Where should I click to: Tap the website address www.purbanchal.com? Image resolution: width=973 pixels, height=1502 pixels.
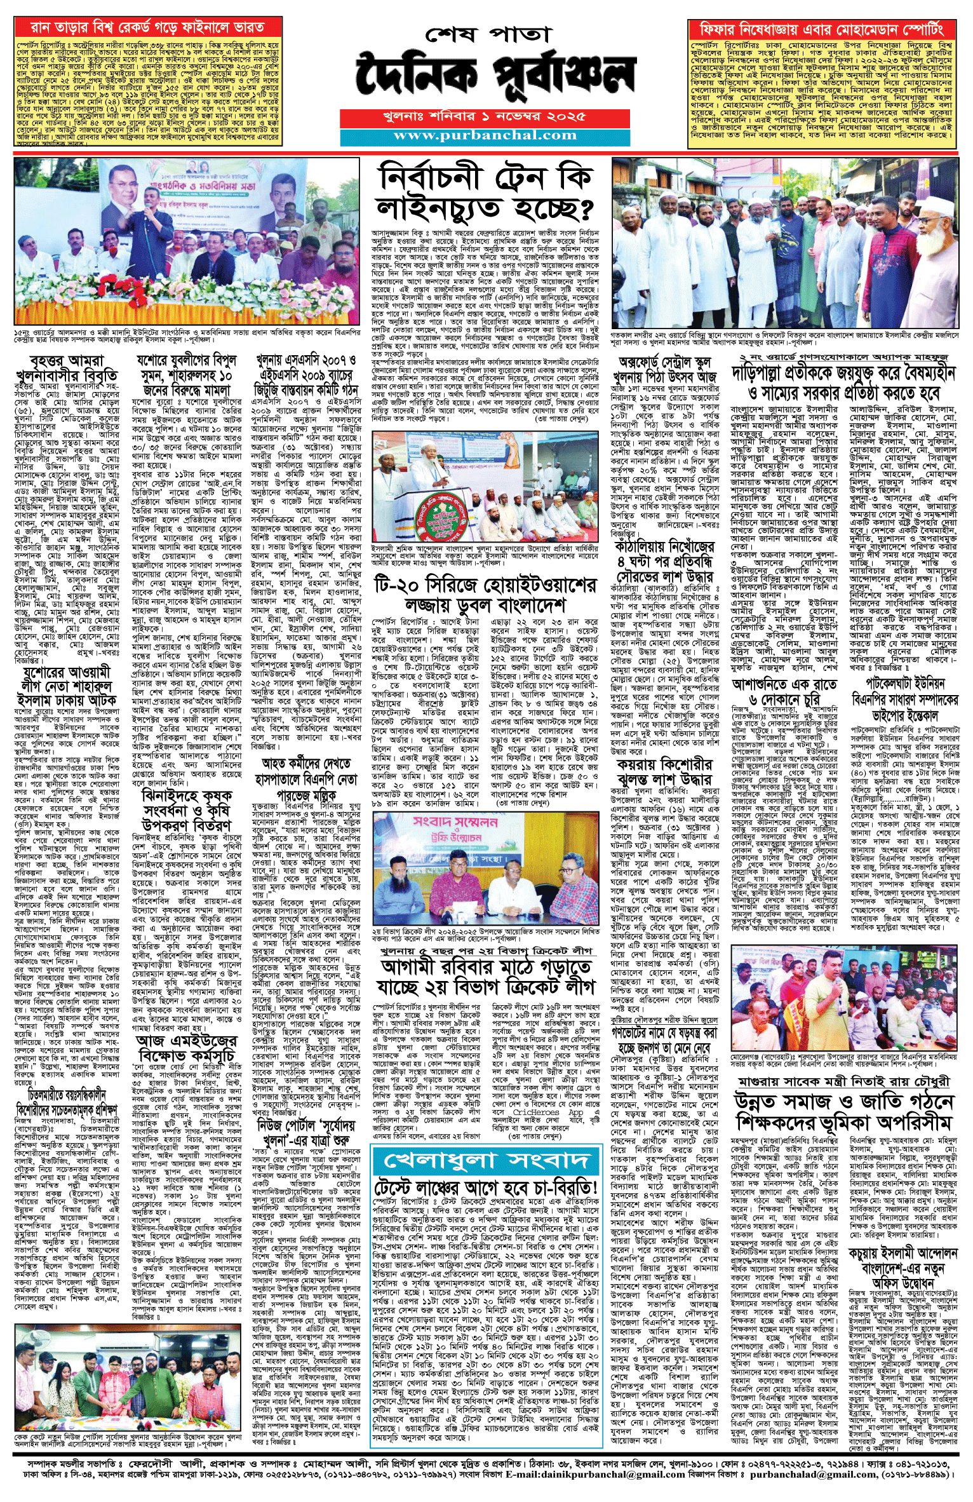click(x=485, y=135)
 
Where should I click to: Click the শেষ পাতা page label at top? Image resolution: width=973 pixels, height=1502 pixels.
click(x=485, y=34)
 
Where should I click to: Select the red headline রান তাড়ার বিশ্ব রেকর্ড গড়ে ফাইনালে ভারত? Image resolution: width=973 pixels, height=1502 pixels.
click(x=148, y=28)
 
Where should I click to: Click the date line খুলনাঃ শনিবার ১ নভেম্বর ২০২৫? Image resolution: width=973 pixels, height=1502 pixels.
click(x=485, y=118)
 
